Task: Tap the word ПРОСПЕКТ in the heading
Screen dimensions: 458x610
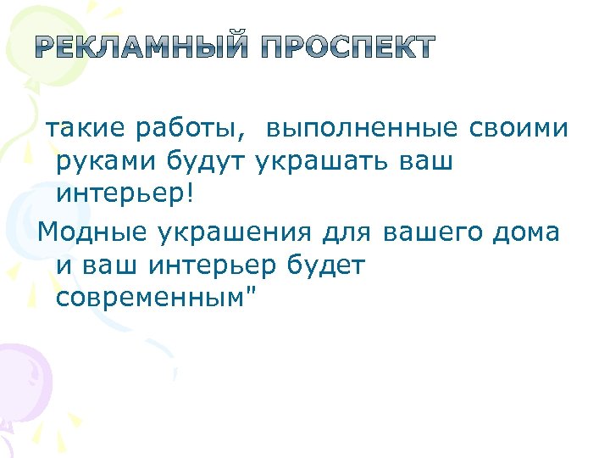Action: pos(349,48)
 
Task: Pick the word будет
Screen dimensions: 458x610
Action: pos(325,265)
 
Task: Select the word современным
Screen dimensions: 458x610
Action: pos(148,299)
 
